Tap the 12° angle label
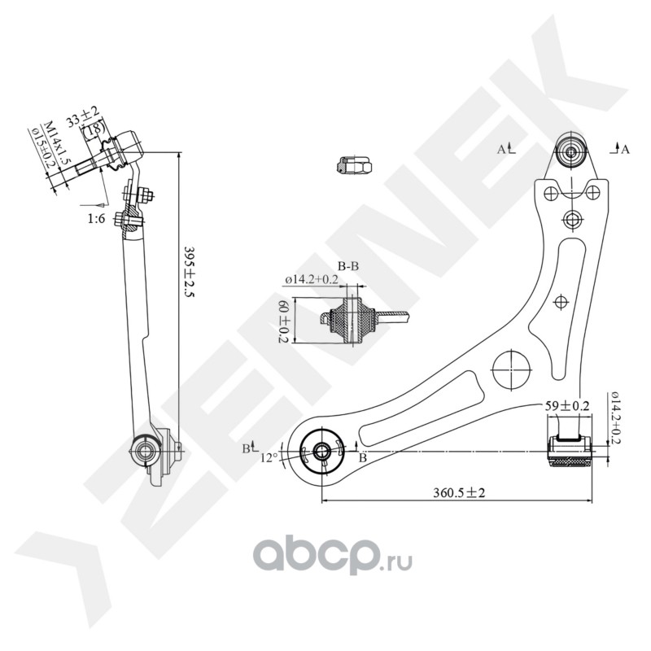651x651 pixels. click(269, 457)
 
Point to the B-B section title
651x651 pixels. click(349, 266)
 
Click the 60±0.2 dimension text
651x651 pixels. click(284, 322)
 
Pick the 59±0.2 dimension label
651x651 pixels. click(567, 405)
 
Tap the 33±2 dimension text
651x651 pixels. click(82, 116)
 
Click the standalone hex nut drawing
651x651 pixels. click(353, 165)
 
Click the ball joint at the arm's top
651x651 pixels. click(571, 151)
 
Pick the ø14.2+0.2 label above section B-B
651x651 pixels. click(312, 280)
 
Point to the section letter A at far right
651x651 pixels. click(625, 149)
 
